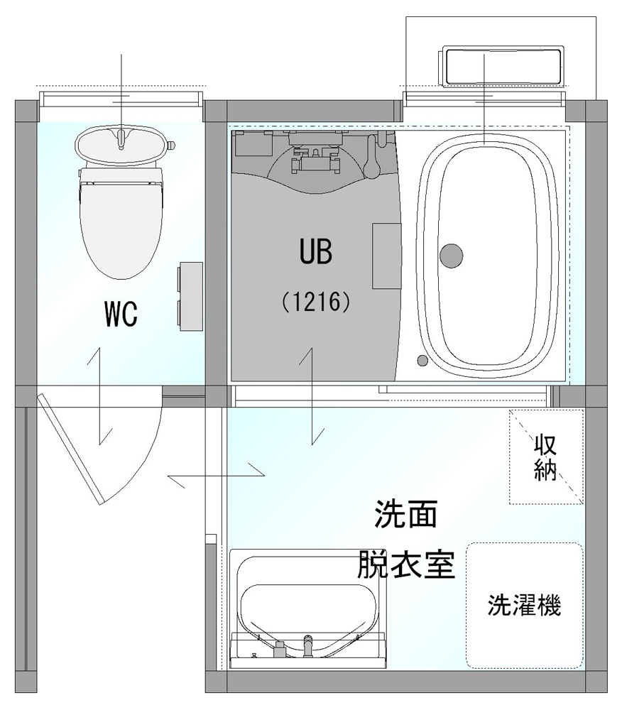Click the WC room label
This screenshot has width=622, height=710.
point(121,314)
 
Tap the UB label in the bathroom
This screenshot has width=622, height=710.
point(316,252)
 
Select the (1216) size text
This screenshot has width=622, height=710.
point(316,302)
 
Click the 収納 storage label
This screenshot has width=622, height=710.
point(545,458)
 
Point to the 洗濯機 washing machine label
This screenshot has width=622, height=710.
point(524,605)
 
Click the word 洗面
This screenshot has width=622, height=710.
point(405,514)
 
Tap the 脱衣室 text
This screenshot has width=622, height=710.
point(406,564)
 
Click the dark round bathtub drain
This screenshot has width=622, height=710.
point(452,256)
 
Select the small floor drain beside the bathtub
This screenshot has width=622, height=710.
point(422,361)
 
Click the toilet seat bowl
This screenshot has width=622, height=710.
point(121,226)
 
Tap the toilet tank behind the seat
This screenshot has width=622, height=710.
point(121,144)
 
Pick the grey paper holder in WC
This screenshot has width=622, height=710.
point(190,296)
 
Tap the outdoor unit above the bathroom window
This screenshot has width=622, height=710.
point(502,67)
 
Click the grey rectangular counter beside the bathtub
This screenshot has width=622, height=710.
point(387,256)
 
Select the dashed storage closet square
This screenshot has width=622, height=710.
point(546,457)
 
